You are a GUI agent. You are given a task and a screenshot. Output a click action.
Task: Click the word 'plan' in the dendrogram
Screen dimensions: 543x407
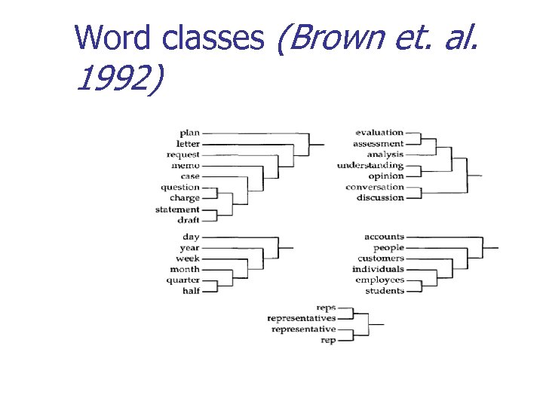pyautogui.click(x=189, y=133)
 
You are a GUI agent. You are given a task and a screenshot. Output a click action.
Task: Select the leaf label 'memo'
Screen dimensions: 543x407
pyautogui.click(x=186, y=166)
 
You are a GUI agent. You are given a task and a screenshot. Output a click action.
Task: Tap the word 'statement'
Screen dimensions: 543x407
pyautogui.click(x=177, y=210)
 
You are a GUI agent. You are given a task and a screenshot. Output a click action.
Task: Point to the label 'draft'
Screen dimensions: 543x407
pyautogui.click(x=189, y=220)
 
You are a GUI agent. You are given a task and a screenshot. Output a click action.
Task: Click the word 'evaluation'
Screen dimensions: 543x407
pyautogui.click(x=379, y=133)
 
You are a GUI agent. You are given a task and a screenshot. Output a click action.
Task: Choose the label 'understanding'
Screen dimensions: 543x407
pyautogui.click(x=370, y=165)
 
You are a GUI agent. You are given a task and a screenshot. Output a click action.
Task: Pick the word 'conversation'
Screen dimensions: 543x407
pyautogui.click(x=375, y=187)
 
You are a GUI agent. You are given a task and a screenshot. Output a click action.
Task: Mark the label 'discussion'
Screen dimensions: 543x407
pyautogui.click(x=380, y=198)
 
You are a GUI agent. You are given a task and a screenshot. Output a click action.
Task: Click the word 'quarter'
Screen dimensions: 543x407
pyautogui.click(x=183, y=280)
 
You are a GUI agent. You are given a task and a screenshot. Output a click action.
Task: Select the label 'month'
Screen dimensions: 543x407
pyautogui.click(x=185, y=269)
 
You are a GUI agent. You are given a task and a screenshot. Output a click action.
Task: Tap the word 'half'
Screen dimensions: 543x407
pyautogui.click(x=192, y=291)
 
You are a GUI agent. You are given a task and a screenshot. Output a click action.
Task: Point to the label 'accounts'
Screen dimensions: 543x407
pyautogui.click(x=384, y=237)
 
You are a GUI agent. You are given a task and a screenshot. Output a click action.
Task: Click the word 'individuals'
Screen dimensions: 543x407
pyautogui.click(x=378, y=269)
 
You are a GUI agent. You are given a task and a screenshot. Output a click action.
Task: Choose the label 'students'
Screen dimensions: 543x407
pyautogui.click(x=385, y=291)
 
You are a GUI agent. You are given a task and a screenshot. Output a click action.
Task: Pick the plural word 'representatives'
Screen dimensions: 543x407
pyautogui.click(x=302, y=319)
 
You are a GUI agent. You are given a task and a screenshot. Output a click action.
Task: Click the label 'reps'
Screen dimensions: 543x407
pyautogui.click(x=326, y=308)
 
